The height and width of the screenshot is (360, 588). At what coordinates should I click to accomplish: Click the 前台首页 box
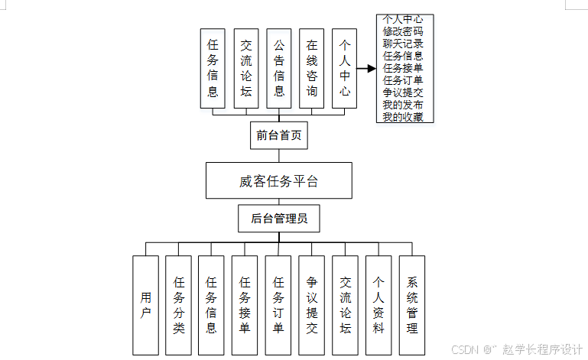pos(278,135)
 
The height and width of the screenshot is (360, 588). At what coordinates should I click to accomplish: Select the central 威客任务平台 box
pos(278,180)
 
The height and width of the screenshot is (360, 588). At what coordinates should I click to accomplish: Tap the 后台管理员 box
pos(278,219)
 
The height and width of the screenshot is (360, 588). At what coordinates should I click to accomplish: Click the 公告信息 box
pos(279,69)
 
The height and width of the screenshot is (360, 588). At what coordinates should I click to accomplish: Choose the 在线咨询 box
pos(312,69)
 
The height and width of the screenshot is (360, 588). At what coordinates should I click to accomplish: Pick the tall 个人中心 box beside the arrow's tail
pos(345,69)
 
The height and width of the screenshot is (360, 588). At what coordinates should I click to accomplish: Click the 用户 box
pos(145,305)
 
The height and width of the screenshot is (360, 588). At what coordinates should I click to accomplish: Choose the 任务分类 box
pos(179,305)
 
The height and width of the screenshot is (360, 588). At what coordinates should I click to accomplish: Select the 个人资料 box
pos(378,305)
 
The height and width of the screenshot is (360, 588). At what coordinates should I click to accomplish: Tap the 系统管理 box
pos(412,305)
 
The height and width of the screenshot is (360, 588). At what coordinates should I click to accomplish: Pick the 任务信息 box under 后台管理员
pos(212,305)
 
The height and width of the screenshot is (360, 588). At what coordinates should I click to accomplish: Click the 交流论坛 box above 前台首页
pos(245,69)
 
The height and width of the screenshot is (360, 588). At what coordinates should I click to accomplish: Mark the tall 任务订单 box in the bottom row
pos(278,305)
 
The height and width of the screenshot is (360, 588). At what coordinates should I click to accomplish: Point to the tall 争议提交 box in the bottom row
pos(312,305)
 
